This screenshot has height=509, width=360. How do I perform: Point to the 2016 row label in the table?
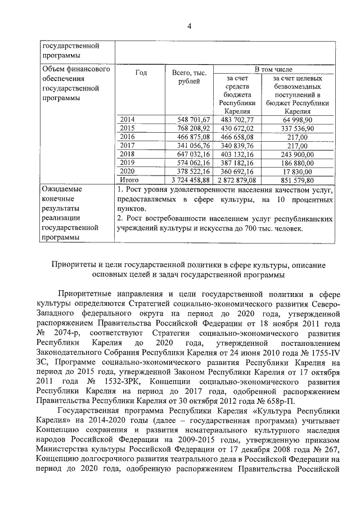point(128,137)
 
